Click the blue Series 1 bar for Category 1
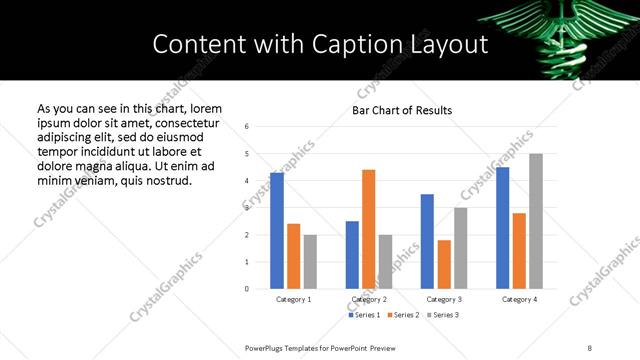click(277, 231)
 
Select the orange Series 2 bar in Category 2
click(368, 229)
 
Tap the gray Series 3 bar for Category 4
click(536, 221)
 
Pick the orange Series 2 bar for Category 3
click(444, 264)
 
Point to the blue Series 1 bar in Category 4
click(502, 228)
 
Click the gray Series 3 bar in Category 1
click(310, 262)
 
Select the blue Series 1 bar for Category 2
click(352, 255)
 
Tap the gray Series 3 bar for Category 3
click(460, 248)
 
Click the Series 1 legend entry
click(363, 315)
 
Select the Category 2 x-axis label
click(368, 299)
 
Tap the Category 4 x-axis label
click(519, 299)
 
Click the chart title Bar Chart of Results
click(402, 110)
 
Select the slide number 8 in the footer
click(589, 346)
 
